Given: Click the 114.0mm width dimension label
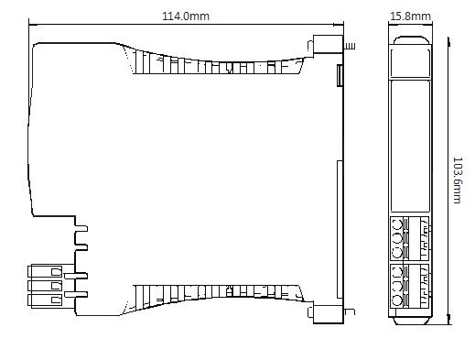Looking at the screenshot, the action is [186, 16].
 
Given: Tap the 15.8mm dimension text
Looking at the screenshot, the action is [410, 16].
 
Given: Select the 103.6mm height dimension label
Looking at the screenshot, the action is [458, 180].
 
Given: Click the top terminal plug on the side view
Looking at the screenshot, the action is [45, 271].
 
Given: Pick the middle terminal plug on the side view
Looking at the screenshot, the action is [45, 286].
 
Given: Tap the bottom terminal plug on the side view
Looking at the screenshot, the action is [45, 300].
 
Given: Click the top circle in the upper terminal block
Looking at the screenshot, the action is [397, 226].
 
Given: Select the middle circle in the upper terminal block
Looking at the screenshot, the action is [397, 239].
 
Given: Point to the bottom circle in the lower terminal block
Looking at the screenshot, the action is [397, 300].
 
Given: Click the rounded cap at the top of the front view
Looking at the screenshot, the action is [410, 40].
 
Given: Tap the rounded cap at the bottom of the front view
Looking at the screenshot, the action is [410, 321].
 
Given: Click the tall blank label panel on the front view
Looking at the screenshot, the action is [410, 146].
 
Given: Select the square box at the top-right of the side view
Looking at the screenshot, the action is [329, 44].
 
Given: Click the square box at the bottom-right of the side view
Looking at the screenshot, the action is [329, 312].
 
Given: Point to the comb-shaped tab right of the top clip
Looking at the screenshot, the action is [350, 46].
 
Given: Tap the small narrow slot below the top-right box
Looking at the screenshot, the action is [340, 75].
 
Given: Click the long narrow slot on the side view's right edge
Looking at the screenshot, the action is [340, 230].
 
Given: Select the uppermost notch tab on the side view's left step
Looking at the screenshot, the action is [81, 228].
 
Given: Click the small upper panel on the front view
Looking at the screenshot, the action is [410, 62].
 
